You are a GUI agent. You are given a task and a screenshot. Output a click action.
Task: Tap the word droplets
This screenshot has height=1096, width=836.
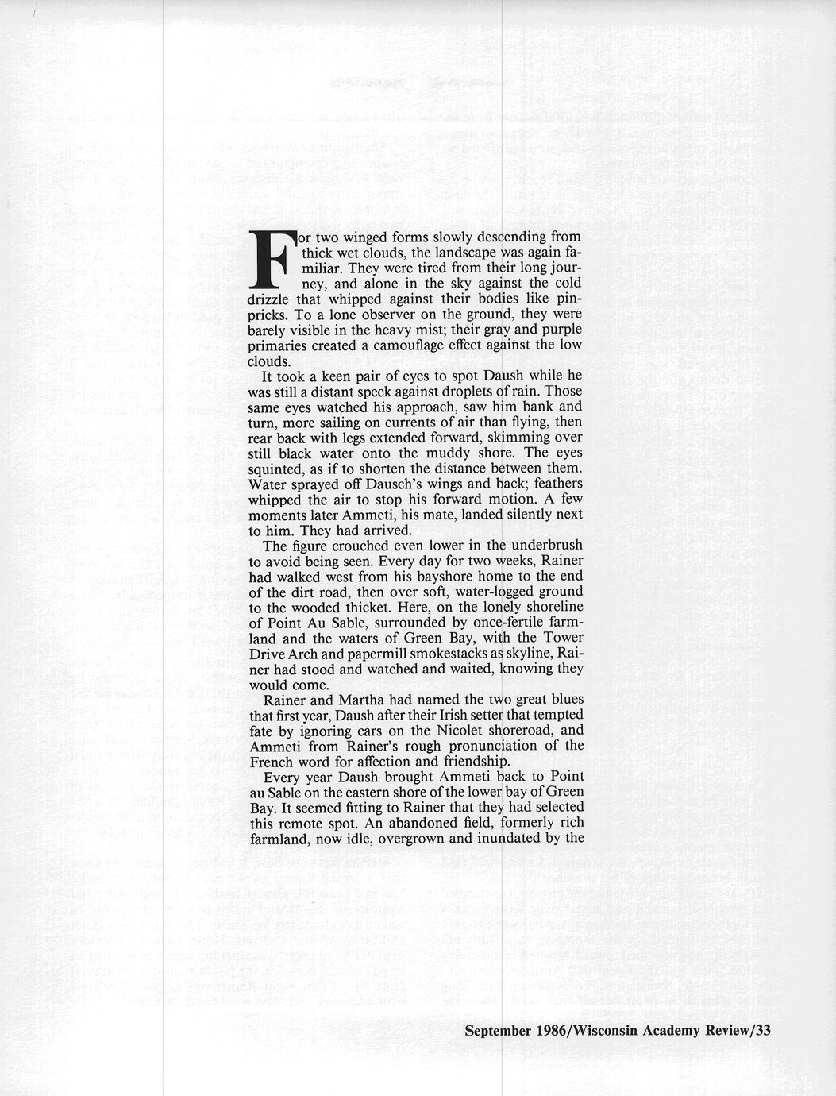click(x=421, y=392)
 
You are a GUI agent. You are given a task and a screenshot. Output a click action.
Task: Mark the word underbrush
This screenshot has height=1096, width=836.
click(x=547, y=546)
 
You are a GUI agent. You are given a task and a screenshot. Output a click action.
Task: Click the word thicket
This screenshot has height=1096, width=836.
click(x=351, y=608)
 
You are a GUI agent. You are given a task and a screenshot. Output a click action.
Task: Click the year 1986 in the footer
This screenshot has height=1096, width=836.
click(x=540, y=1031)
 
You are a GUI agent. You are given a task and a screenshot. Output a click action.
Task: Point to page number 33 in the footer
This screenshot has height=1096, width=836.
click(x=764, y=1031)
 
